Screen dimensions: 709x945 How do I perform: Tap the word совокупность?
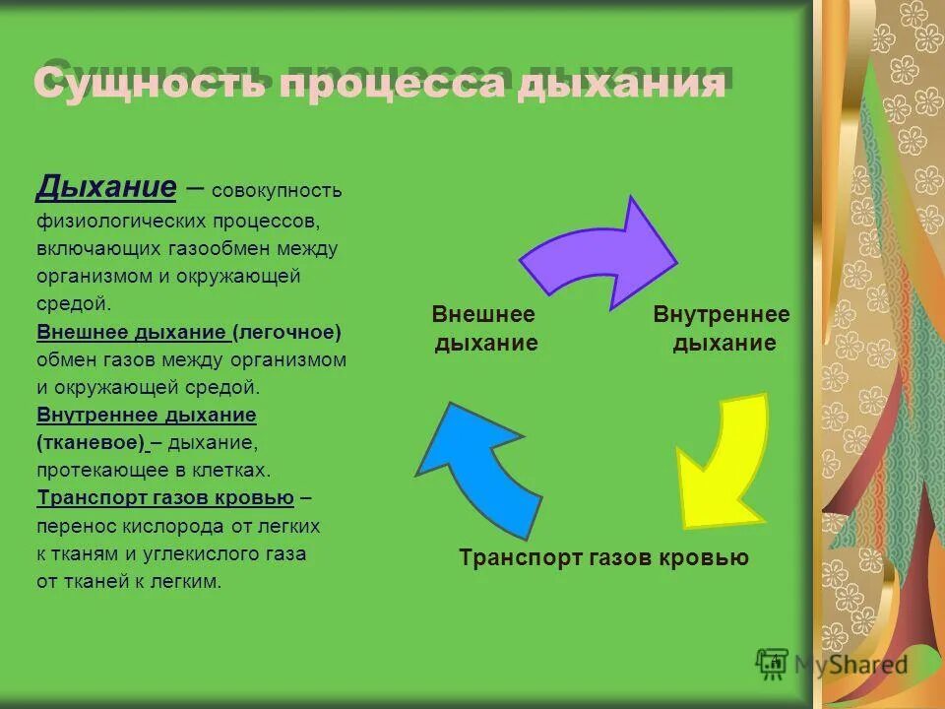tap(277, 190)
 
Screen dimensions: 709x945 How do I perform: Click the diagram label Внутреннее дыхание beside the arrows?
tap(723, 329)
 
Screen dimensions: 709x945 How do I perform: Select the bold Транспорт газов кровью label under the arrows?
tap(603, 558)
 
